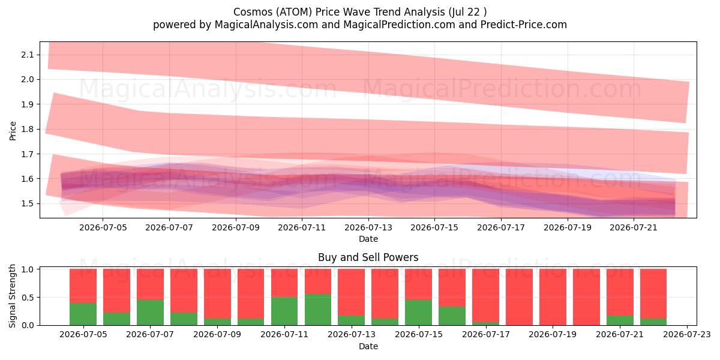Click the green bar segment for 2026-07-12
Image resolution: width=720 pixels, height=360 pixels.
pos(318,310)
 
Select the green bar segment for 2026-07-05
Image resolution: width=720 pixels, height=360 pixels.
pos(83,314)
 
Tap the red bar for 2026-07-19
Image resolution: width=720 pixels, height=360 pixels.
pos(553,297)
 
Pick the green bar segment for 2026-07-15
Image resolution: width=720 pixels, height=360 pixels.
pos(419,313)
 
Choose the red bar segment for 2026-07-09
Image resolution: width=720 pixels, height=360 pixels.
pos(217,293)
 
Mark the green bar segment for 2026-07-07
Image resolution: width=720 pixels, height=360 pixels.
pos(150,313)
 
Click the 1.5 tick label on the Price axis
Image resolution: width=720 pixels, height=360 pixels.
pos(27,204)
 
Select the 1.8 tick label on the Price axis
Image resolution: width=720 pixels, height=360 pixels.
pos(27,130)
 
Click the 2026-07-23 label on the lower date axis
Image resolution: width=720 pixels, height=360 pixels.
pos(687,335)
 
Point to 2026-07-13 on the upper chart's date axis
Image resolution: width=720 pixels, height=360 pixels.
pos(368,227)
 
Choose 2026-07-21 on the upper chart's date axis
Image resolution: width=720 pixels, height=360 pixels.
pos(634,227)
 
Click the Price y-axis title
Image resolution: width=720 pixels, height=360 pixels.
pos(13,131)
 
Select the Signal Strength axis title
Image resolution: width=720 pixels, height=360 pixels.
pos(12,296)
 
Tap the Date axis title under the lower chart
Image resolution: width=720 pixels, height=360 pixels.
pos(368,347)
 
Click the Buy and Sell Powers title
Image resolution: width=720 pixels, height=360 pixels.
pos(368,257)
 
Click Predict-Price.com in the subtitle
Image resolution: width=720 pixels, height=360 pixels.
pos(524,25)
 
